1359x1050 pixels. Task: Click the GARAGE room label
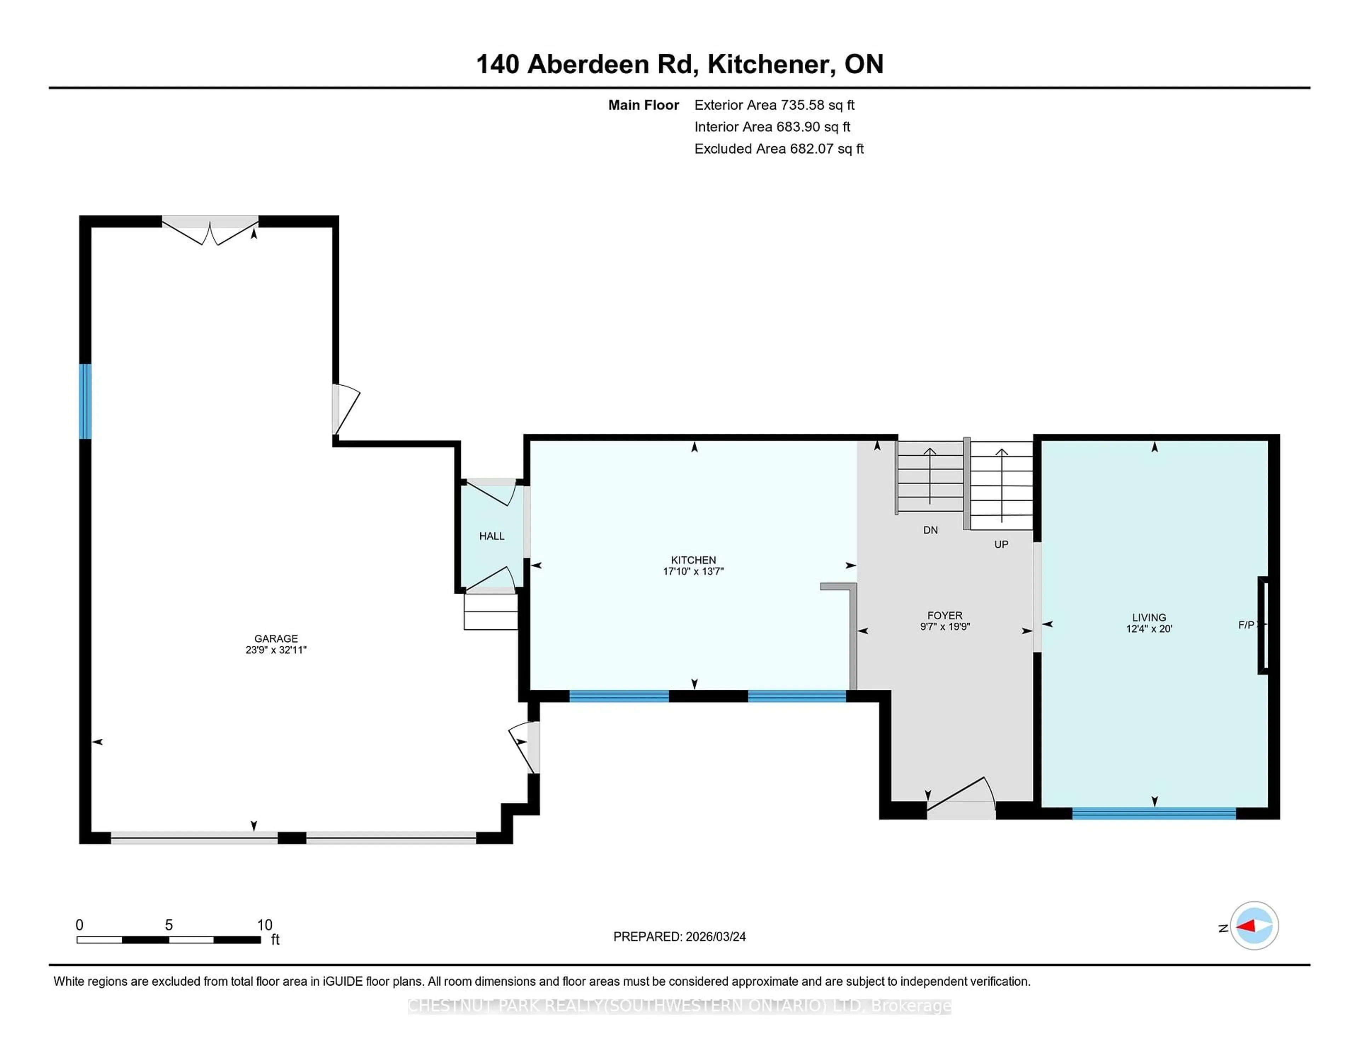[276, 638]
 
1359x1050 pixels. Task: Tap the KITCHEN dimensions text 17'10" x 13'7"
[693, 571]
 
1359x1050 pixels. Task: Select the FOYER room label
[945, 615]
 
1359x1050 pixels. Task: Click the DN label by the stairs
[930, 530]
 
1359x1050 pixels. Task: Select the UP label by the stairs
[1000, 544]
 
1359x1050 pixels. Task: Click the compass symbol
[1254, 925]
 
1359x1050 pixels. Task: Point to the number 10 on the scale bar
[264, 925]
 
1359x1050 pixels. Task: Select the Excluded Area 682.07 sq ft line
[779, 149]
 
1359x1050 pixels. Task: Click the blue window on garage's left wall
[85, 401]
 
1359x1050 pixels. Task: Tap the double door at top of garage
[210, 230]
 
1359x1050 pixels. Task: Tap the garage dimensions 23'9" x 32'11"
[276, 650]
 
